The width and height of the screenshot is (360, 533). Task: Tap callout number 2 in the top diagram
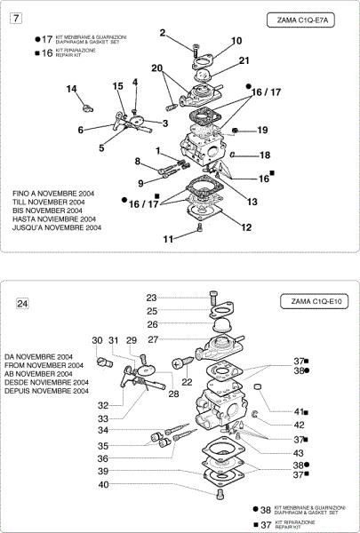[163, 33]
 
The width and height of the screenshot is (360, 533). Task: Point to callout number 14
[72, 88]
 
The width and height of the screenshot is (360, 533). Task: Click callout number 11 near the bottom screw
[168, 238]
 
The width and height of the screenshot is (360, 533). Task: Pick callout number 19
[262, 131]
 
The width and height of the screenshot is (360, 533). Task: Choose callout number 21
[244, 60]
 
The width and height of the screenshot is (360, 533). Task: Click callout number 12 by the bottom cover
[246, 227]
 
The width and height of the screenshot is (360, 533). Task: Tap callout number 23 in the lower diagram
[151, 298]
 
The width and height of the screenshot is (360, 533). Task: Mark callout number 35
[129, 446]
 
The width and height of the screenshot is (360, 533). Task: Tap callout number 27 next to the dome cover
[153, 339]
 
